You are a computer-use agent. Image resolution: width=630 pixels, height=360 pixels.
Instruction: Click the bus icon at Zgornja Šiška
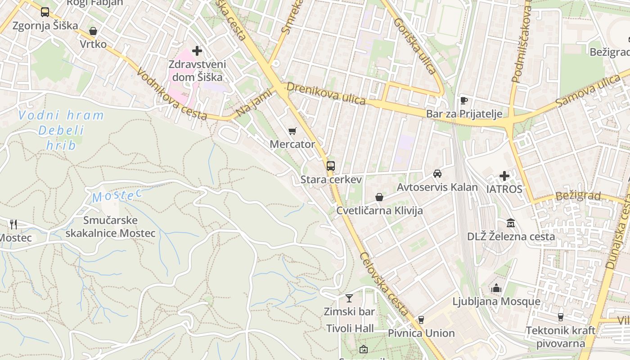click(45, 12)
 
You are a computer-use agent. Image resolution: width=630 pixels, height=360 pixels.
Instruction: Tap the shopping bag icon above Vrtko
click(93, 31)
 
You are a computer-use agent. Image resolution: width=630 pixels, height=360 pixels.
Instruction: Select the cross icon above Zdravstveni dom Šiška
click(197, 51)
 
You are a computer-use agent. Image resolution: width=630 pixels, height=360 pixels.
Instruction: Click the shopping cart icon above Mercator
click(292, 131)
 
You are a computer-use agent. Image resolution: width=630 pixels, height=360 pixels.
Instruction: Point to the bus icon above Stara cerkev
click(331, 166)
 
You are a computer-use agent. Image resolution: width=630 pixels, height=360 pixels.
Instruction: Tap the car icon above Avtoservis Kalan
click(437, 174)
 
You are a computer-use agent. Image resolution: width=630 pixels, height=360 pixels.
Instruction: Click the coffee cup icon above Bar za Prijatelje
click(464, 100)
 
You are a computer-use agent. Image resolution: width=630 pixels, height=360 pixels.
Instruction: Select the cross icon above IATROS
click(504, 175)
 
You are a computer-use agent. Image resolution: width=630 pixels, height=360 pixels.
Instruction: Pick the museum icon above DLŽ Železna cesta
click(511, 223)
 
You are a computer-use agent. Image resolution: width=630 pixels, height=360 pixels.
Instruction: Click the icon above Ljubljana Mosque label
click(496, 288)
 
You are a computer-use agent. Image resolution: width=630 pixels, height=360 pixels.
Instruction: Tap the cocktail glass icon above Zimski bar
click(349, 298)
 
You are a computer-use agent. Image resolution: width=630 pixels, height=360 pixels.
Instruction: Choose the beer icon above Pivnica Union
click(421, 320)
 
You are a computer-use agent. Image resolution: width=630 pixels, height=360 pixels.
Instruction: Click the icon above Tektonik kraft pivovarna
click(560, 317)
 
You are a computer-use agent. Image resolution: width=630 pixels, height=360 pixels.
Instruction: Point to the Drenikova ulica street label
click(326, 93)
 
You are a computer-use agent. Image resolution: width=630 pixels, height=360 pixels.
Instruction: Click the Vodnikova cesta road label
click(171, 94)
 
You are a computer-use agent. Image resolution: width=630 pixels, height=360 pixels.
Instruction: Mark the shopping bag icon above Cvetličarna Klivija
click(379, 197)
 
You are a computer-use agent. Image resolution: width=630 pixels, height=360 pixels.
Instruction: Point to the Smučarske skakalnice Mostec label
click(111, 227)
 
